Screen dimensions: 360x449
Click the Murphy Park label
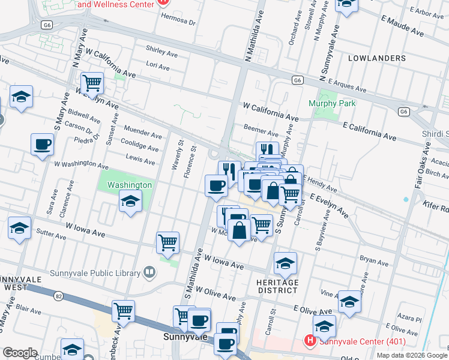pyautogui.click(x=332, y=103)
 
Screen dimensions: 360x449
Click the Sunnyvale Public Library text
pyautogui.click(x=103, y=274)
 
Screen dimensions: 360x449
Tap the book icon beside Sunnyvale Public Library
pyautogui.click(x=149, y=274)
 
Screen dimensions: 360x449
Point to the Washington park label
pyautogui.click(x=130, y=185)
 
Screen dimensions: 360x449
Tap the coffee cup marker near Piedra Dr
pyautogui.click(x=43, y=144)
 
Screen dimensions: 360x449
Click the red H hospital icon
pyautogui.click(x=310, y=342)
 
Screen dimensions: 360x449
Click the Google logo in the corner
pyautogui.click(x=20, y=353)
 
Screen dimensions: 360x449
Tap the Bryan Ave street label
pyautogui.click(x=375, y=261)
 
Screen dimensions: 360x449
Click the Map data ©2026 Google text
pyautogui.click(x=411, y=355)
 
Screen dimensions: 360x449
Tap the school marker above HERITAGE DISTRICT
pyautogui.click(x=286, y=262)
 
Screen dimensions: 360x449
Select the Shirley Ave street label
pyautogui.click(x=161, y=52)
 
